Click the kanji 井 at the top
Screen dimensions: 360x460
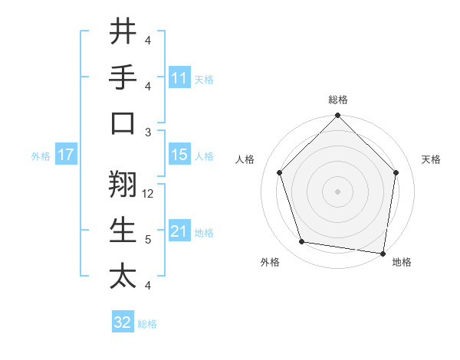click(123, 31)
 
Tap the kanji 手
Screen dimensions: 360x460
click(123, 77)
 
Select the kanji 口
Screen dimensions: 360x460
click(123, 123)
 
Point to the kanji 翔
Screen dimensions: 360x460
click(123, 185)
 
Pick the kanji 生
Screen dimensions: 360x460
click(123, 231)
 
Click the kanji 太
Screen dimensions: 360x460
click(123, 277)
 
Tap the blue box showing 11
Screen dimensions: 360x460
click(179, 78)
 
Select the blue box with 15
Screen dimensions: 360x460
click(179, 155)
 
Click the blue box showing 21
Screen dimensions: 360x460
click(179, 231)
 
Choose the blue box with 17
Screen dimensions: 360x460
click(66, 155)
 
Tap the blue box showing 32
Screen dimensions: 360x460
click(123, 323)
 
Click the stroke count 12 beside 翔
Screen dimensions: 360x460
click(149, 194)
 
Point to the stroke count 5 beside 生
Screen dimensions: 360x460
click(148, 240)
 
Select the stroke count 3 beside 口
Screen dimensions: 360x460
click(148, 133)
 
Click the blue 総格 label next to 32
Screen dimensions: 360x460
click(147, 324)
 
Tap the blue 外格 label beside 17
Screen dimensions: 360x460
click(41, 155)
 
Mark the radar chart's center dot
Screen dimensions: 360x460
click(337, 191)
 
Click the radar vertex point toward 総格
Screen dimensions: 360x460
click(337, 117)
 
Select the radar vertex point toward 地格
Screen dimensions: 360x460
click(383, 253)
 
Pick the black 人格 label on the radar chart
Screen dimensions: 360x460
click(246, 159)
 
